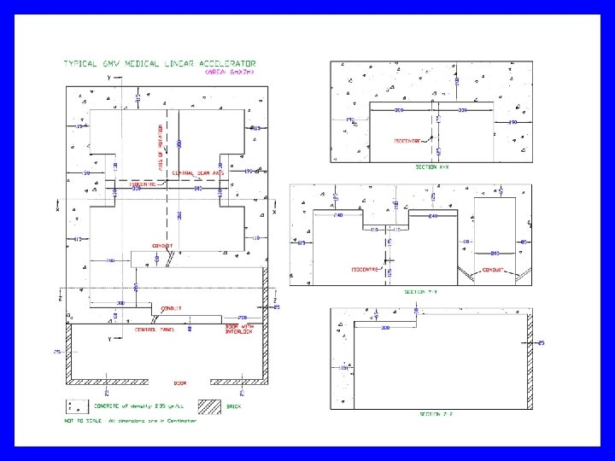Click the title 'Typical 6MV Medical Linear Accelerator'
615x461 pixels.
coord(160,63)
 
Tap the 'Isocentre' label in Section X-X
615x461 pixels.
coord(407,141)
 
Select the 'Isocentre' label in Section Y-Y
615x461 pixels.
coord(365,269)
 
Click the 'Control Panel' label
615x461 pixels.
coord(155,330)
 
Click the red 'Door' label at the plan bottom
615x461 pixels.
coord(180,383)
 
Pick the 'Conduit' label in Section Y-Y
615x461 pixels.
coord(495,270)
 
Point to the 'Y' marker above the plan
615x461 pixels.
coord(109,78)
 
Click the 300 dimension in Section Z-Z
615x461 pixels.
coord(385,327)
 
